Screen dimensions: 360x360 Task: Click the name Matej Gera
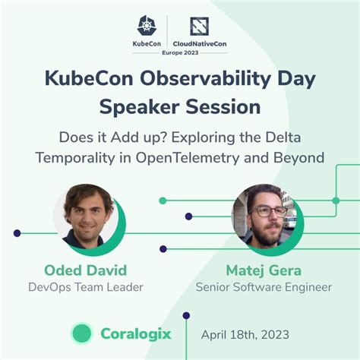click(264, 270)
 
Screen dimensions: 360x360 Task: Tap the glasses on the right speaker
click(263, 208)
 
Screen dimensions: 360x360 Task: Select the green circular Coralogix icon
click(81, 333)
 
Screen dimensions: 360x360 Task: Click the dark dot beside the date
click(186, 314)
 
